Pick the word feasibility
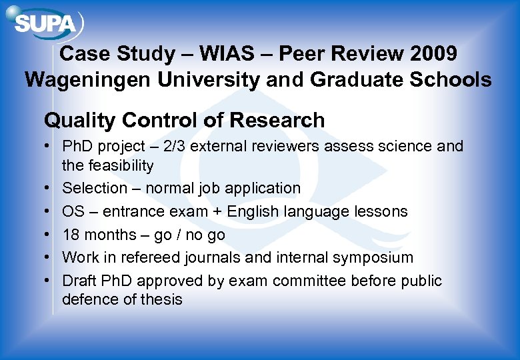point(120,165)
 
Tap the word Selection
point(94,189)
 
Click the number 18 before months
point(71,235)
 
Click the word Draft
point(79,281)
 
